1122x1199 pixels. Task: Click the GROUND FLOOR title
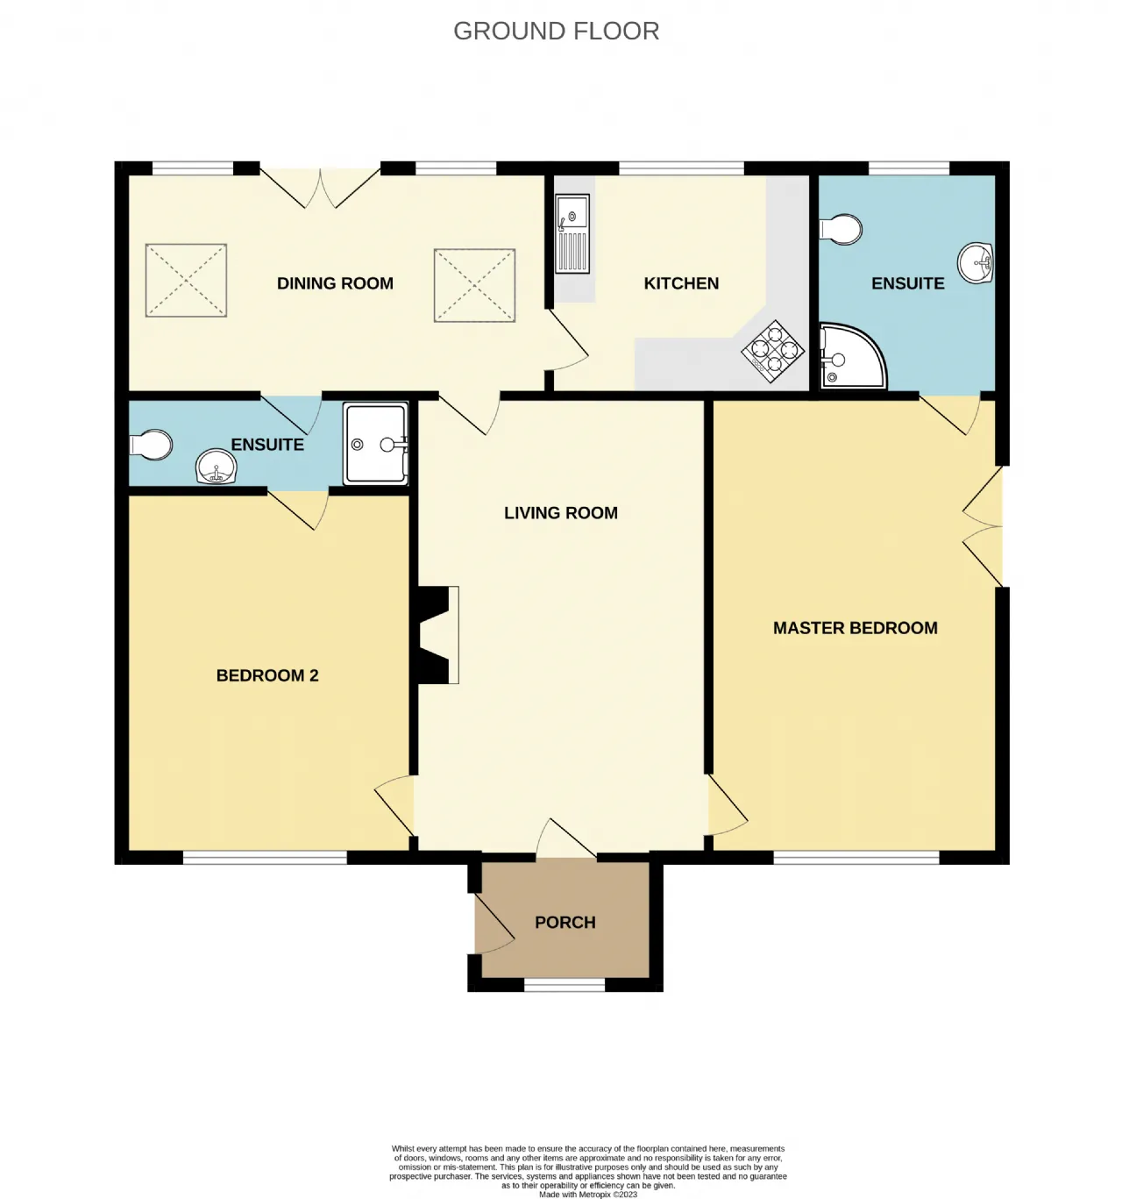pos(556,32)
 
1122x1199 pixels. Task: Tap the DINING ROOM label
pos(335,283)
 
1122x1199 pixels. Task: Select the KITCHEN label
pos(681,283)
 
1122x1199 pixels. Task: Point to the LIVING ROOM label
pos(561,512)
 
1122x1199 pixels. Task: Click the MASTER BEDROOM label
pos(856,628)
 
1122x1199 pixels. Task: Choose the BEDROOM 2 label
pos(267,675)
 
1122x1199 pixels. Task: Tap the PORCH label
pos(565,922)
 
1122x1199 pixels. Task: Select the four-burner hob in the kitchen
pos(772,351)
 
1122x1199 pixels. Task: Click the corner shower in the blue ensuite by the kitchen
pos(852,356)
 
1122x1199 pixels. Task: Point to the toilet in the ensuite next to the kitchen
pos(841,230)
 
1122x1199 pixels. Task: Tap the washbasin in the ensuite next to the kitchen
pos(976,262)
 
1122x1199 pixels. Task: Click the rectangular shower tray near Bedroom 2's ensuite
pos(375,444)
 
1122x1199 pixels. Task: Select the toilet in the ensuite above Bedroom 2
pos(152,445)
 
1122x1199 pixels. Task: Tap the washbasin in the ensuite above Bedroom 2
pos(216,466)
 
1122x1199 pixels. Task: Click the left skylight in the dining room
pos(186,280)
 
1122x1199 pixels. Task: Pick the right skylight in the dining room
pos(474,285)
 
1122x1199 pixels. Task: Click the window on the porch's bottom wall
pos(565,985)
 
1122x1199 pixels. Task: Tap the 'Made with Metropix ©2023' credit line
pos(588,1194)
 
